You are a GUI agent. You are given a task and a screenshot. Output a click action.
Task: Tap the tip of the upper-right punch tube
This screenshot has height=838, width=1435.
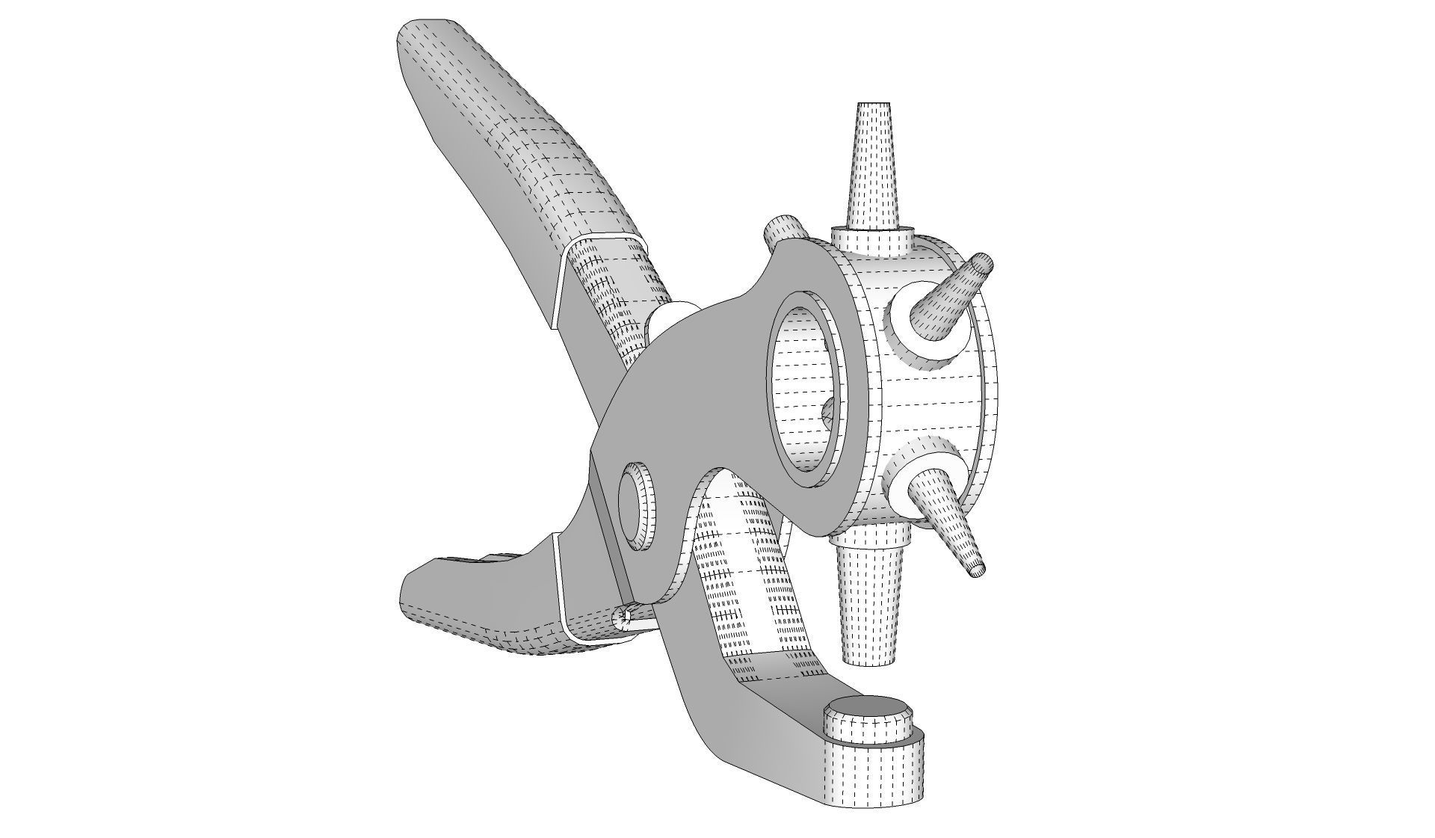point(981,263)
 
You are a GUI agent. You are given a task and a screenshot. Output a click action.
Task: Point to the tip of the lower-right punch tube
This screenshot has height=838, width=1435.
point(978,569)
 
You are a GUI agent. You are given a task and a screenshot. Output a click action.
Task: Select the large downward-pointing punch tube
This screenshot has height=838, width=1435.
point(870,606)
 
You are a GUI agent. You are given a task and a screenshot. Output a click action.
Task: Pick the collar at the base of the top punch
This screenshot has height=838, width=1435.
point(872,240)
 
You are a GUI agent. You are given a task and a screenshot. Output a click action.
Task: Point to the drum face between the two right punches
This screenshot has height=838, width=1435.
point(927,404)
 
